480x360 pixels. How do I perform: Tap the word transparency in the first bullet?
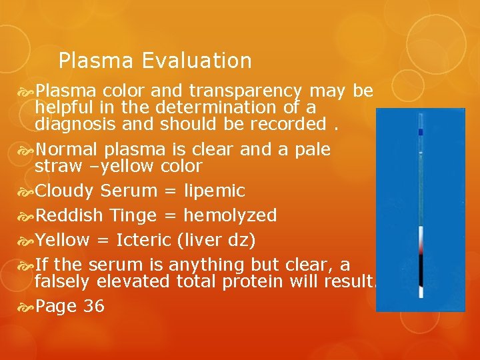point(247,91)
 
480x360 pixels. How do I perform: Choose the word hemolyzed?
point(230,215)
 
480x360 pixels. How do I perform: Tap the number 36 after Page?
point(94,306)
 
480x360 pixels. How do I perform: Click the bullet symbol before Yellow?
point(28,239)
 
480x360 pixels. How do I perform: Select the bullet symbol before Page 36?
point(28,306)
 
